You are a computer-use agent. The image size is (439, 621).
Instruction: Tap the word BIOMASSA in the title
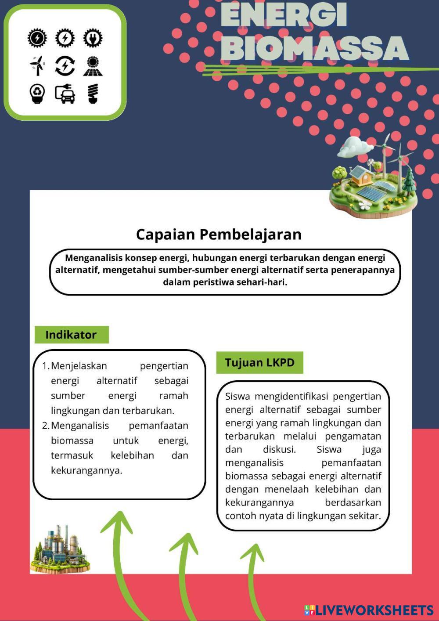click(x=314, y=48)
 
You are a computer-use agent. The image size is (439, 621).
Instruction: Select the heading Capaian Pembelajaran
click(x=219, y=234)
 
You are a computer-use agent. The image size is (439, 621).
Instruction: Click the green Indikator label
click(x=71, y=335)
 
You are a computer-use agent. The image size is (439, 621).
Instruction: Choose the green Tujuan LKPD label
click(x=259, y=363)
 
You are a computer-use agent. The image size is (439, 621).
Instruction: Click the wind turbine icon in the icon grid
click(x=37, y=66)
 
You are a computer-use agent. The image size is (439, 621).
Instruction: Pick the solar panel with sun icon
click(x=92, y=66)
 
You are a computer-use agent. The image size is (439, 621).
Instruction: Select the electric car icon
click(x=65, y=94)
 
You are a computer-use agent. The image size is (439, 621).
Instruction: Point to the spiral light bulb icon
click(x=92, y=94)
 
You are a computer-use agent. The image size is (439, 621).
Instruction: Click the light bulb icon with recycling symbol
click(x=37, y=94)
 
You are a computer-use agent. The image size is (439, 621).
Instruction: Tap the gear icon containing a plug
click(x=92, y=38)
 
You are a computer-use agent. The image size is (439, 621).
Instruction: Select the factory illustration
click(x=61, y=549)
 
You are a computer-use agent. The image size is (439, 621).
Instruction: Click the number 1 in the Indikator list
click(x=45, y=366)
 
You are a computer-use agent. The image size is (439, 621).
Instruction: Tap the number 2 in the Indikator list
click(x=45, y=426)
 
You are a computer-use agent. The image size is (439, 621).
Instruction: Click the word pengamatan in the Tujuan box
click(x=353, y=437)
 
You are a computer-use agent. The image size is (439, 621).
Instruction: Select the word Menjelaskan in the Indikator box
click(x=79, y=366)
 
